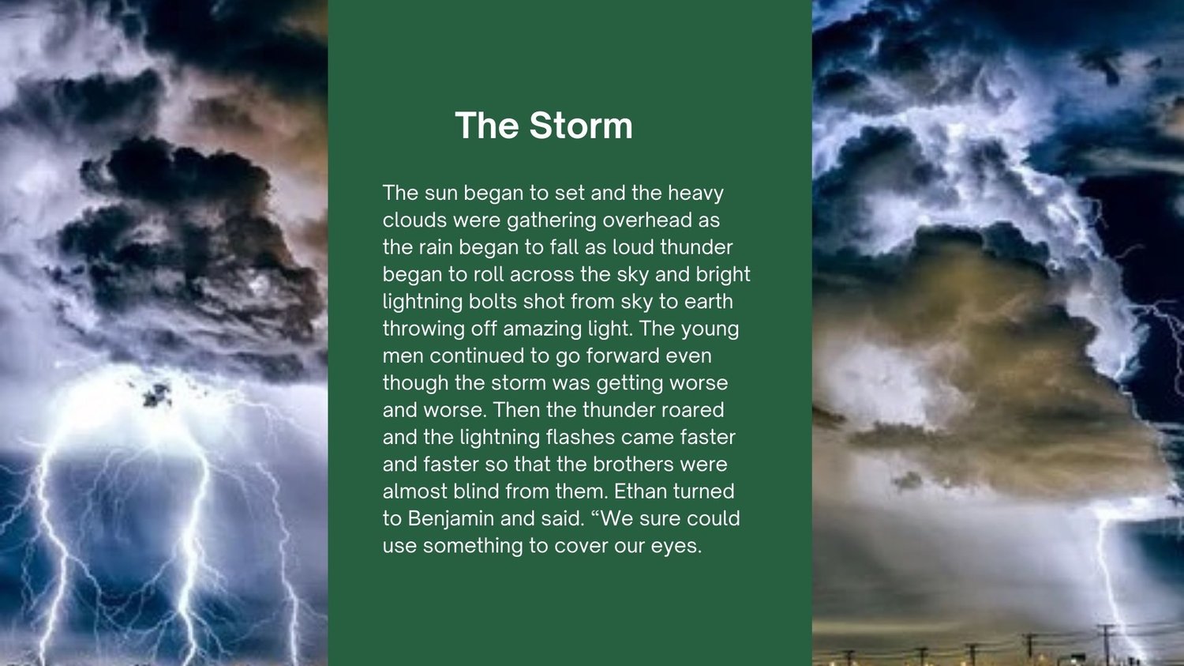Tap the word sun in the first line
pyautogui.click(x=440, y=193)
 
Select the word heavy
pyautogui.click(x=695, y=194)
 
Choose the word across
pyautogui.click(x=541, y=275)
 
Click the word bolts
pyautogui.click(x=493, y=302)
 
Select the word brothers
pyautogui.click(x=633, y=464)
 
